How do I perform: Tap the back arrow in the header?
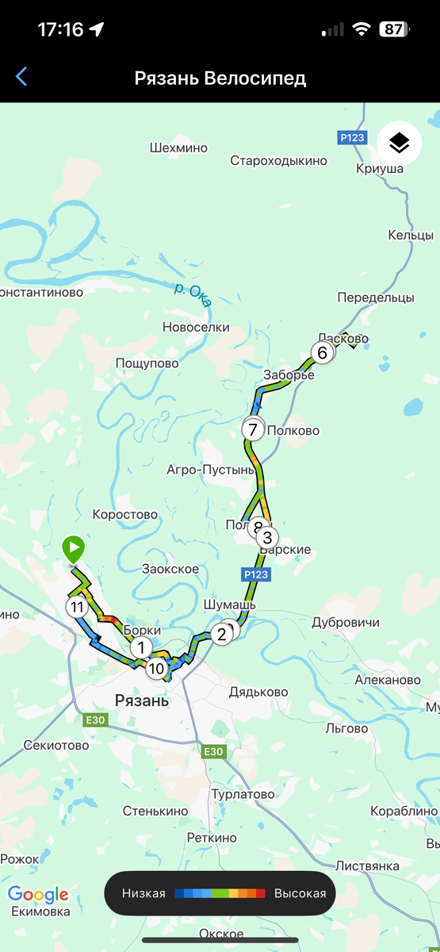point(21,77)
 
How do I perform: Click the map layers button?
point(399,143)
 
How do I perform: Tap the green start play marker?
point(73,548)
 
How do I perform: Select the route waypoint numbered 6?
point(322,352)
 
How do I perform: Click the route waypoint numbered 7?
point(253,430)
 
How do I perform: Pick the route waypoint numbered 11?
point(76,608)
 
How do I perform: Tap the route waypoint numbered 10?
point(156,668)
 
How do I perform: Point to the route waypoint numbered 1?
point(141,647)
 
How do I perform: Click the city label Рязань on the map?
point(142,701)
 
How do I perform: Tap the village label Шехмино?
point(178,148)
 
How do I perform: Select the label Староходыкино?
point(278,161)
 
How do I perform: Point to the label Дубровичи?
point(346,622)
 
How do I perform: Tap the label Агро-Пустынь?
point(211,470)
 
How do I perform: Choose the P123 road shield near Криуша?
point(352,137)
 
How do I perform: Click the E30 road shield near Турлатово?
point(214,751)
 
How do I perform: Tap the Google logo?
point(38,895)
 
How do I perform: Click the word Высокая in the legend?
point(300,893)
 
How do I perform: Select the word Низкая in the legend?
point(143,893)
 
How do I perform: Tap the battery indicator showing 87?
point(392,30)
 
